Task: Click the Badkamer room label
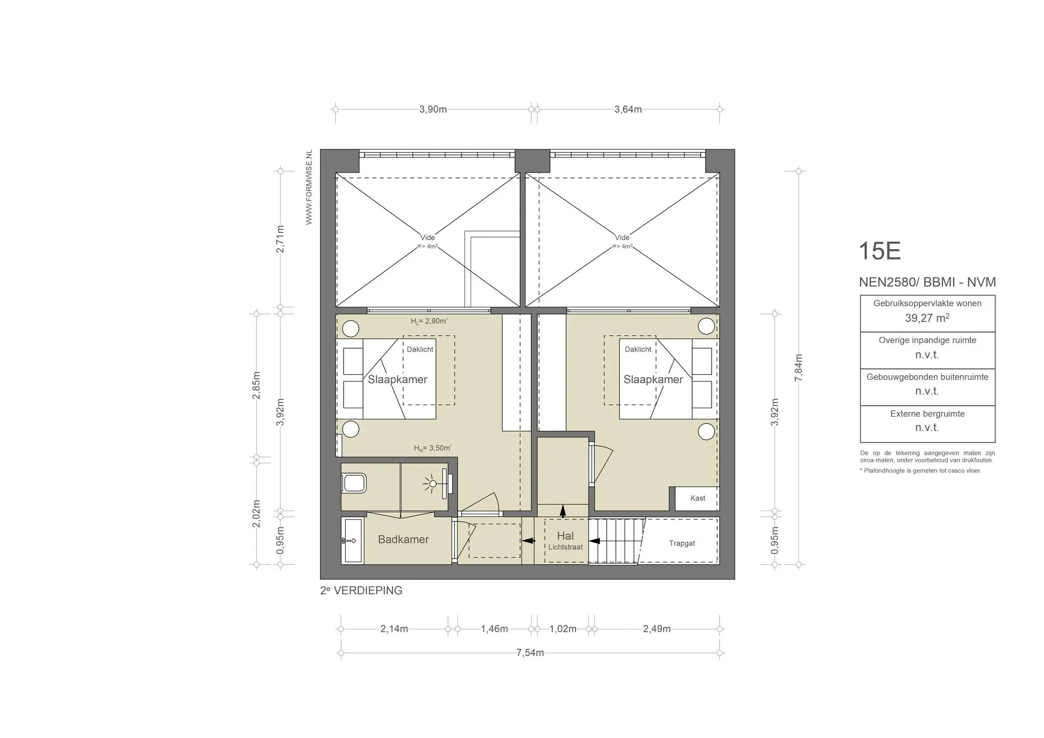403,539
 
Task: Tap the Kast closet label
697,498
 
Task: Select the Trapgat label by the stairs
682,543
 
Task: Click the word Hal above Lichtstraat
565,536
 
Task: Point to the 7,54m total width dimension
530,653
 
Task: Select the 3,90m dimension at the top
433,110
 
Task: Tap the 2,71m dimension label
280,239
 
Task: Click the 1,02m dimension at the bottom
562,629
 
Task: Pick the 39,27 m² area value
927,318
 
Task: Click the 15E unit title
879,251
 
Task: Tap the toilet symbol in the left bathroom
354,483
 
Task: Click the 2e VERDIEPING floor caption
361,591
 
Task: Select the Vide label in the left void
427,238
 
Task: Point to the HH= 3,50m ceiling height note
432,448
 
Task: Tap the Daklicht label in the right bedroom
638,349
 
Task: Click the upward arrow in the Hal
562,511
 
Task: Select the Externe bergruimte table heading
927,414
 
